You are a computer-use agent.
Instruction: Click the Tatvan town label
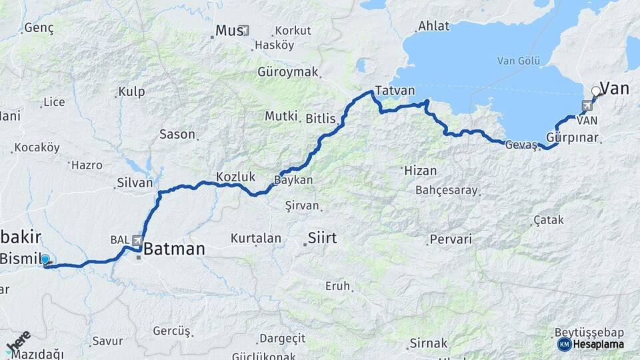(x=395, y=91)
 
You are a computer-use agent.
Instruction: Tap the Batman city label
(x=174, y=249)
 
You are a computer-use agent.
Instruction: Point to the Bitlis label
(x=322, y=119)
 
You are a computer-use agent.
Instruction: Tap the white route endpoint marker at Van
(x=596, y=91)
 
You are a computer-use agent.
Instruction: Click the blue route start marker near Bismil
(x=45, y=259)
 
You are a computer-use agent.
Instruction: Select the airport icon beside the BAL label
(x=137, y=240)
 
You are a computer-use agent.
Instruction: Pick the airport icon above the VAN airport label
(x=587, y=105)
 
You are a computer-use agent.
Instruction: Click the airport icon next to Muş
(x=244, y=30)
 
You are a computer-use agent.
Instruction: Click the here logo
(x=19, y=342)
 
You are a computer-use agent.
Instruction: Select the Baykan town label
(x=294, y=180)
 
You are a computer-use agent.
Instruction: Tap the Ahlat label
(x=433, y=27)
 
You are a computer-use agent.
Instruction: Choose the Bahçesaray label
(x=447, y=190)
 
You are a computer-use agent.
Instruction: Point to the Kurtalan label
(x=256, y=238)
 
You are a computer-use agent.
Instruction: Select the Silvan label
(x=135, y=182)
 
